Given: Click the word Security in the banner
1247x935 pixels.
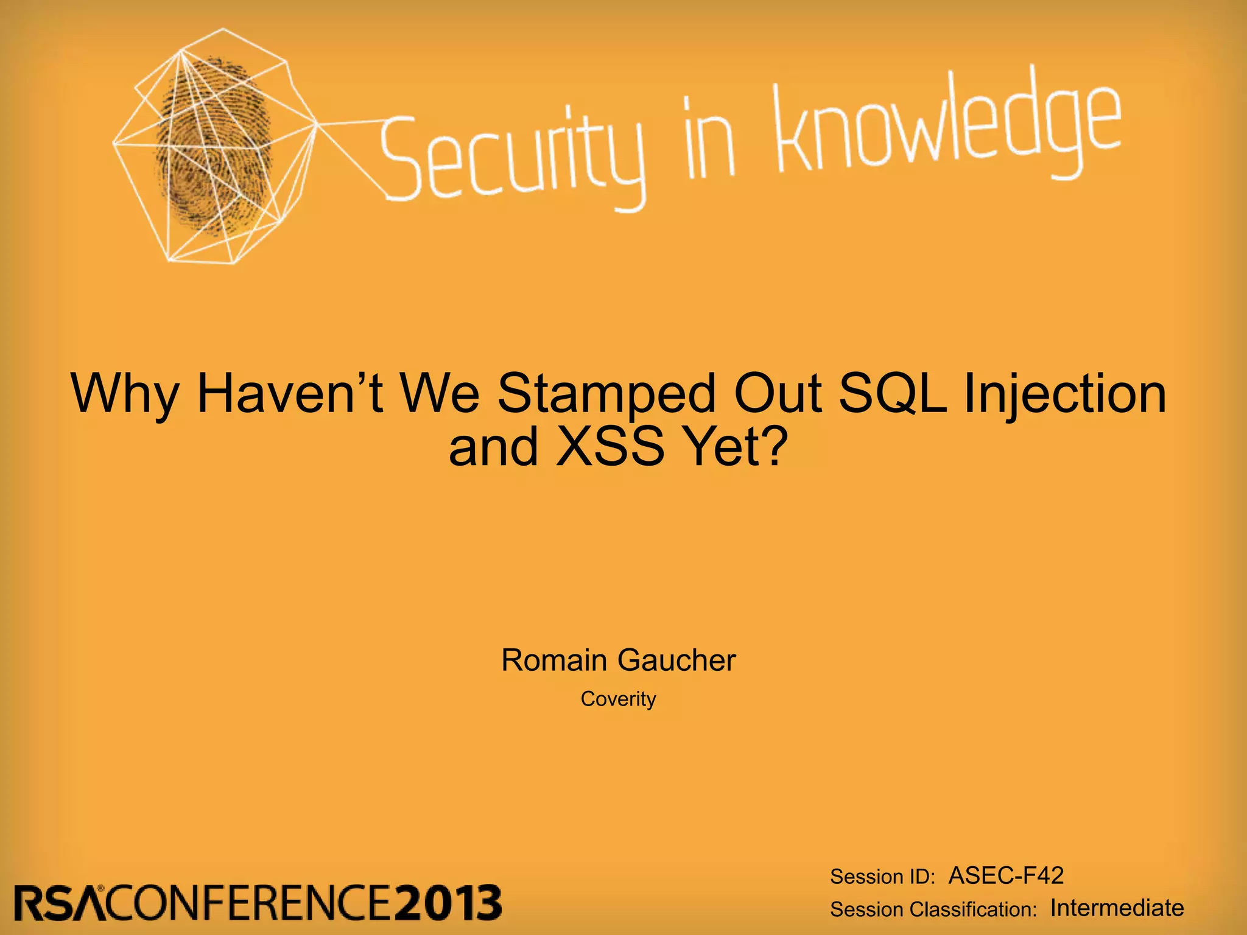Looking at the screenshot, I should point(511,155).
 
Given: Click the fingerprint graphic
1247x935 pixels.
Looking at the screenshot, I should point(213,146).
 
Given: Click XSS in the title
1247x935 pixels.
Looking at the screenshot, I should point(609,447).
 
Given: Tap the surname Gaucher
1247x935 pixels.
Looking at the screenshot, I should point(676,660).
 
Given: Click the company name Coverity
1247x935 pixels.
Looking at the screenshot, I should point(618,699).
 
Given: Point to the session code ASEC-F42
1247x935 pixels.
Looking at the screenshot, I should point(1006,875).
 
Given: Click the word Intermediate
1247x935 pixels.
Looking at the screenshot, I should point(1117,908).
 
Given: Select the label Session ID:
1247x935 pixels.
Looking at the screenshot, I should point(882,877).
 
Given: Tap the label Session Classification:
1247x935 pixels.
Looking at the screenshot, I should point(933,909).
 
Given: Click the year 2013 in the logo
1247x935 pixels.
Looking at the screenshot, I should point(448,903).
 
